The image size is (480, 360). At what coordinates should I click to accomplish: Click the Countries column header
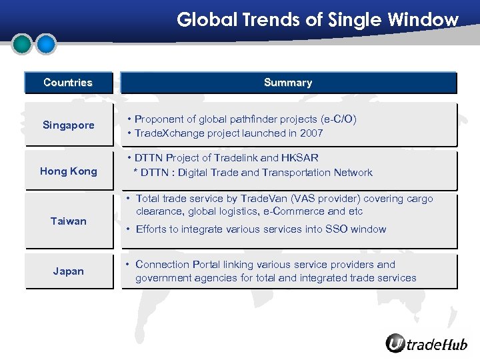click(x=68, y=83)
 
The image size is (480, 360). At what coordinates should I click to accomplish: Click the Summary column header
click(x=288, y=83)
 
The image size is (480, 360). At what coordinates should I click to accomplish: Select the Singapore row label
click(x=68, y=125)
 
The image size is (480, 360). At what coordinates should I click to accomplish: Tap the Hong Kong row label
click(x=68, y=171)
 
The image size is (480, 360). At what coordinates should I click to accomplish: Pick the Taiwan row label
click(x=68, y=221)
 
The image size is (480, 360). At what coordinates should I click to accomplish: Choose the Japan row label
click(x=68, y=271)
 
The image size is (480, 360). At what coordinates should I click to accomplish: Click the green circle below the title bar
click(x=23, y=44)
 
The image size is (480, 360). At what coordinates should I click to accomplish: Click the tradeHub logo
click(x=426, y=343)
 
